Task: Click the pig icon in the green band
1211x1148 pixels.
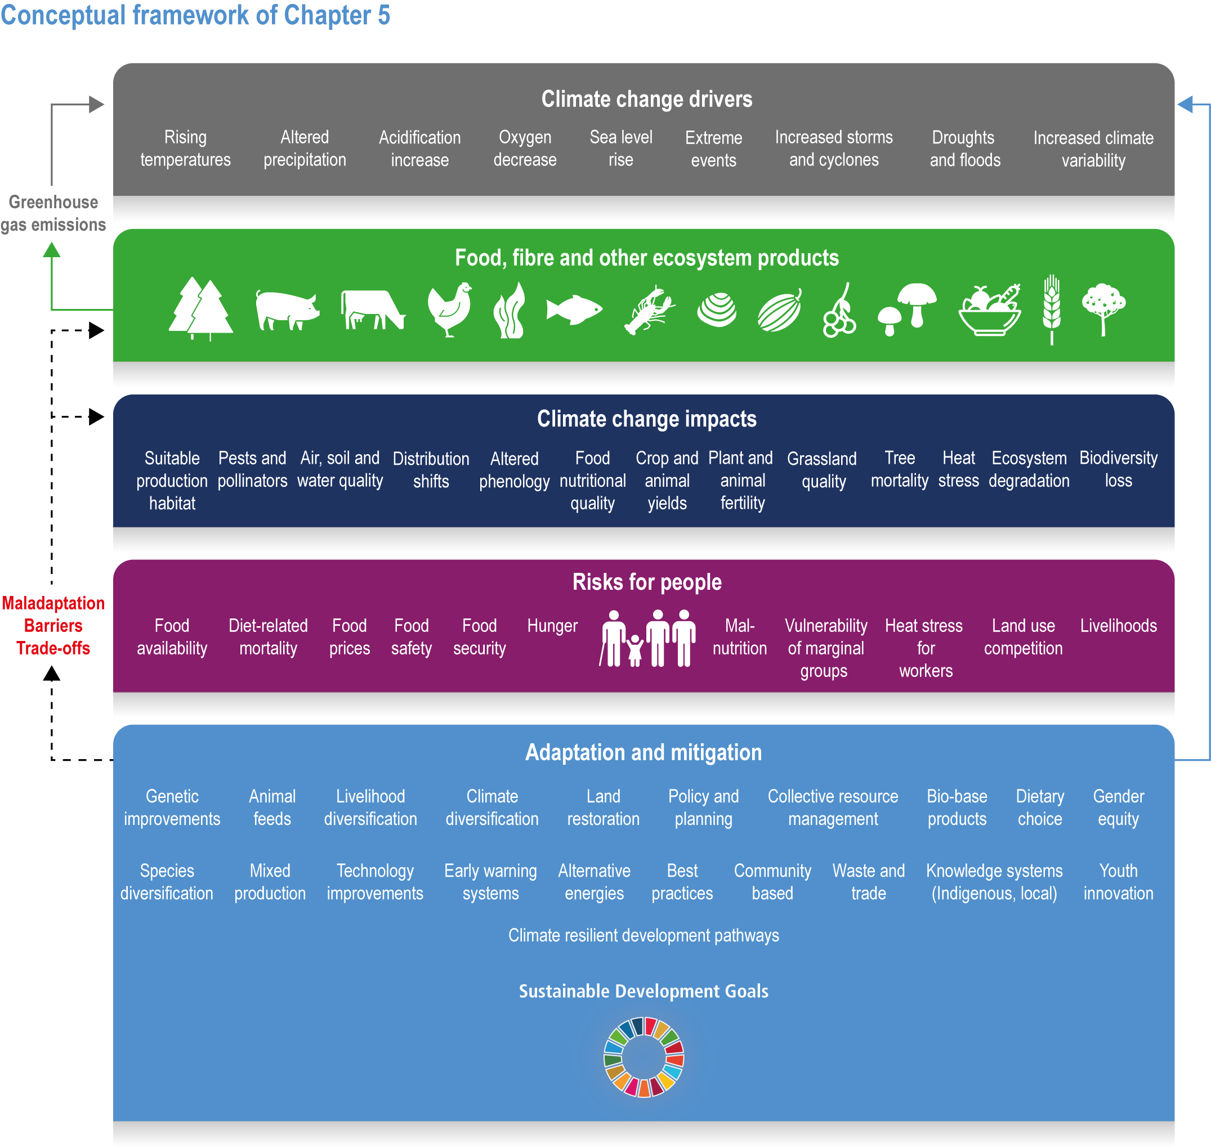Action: pyautogui.click(x=287, y=310)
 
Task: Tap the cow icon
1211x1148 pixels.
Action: pyautogui.click(x=372, y=310)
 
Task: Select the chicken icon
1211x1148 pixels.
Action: pyautogui.click(x=450, y=309)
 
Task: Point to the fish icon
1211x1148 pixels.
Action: pyautogui.click(x=574, y=309)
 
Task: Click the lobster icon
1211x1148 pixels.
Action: pyautogui.click(x=649, y=310)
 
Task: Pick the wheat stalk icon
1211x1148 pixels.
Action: pyautogui.click(x=1051, y=310)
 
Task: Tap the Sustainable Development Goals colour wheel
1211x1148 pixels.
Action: pyautogui.click(x=644, y=1057)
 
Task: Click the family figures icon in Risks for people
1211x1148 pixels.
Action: pyautogui.click(x=648, y=638)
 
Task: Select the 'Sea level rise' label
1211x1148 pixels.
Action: pyautogui.click(x=621, y=148)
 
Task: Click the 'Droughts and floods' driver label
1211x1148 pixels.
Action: pyautogui.click(x=965, y=149)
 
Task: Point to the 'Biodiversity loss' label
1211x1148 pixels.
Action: pyautogui.click(x=1118, y=469)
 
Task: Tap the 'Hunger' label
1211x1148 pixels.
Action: pyautogui.click(x=552, y=625)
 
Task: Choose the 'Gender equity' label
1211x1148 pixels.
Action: pyautogui.click(x=1118, y=808)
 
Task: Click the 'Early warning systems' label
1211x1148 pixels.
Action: pyautogui.click(x=490, y=882)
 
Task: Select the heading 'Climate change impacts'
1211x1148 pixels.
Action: pyautogui.click(x=646, y=419)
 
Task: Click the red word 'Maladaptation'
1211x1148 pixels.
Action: pyautogui.click(x=53, y=603)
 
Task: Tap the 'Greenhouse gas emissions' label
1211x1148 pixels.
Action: pyautogui.click(x=53, y=213)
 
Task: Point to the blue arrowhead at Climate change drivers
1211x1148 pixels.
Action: pyautogui.click(x=1185, y=105)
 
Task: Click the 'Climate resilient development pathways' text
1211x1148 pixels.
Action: pyautogui.click(x=644, y=936)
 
